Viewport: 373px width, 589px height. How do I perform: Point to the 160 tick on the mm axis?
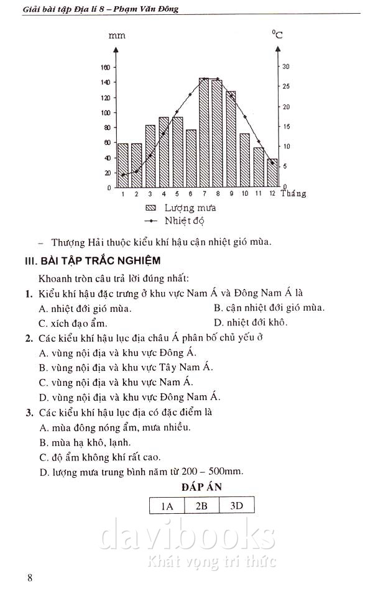[x=105, y=67]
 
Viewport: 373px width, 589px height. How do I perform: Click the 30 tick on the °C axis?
[x=286, y=66]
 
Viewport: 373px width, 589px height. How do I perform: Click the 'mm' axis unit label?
[x=117, y=36]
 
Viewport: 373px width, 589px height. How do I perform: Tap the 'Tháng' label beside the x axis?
[x=293, y=194]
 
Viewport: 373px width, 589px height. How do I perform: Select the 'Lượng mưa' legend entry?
[x=190, y=208]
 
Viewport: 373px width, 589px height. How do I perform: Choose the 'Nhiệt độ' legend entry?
[x=185, y=221]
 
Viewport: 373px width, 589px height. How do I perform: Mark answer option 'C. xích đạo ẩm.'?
[x=73, y=323]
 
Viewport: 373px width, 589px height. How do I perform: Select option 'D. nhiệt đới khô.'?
[x=251, y=322]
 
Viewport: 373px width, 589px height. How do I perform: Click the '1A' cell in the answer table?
[x=167, y=506]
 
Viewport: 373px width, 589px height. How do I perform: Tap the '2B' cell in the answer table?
[x=201, y=506]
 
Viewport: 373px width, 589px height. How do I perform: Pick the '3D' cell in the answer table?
[x=236, y=506]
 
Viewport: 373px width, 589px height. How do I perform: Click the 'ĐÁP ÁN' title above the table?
[x=201, y=487]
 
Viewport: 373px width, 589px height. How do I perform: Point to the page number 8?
[x=30, y=578]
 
